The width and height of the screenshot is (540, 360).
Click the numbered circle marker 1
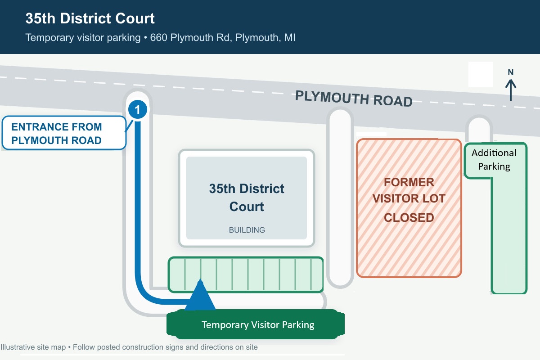click(137, 109)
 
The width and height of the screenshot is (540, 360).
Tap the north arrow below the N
click(511, 90)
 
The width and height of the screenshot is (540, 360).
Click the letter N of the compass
click(511, 72)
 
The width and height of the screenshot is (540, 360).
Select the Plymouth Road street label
click(354, 99)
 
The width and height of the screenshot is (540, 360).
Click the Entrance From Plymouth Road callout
click(64, 133)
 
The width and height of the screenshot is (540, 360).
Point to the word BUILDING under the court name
click(247, 230)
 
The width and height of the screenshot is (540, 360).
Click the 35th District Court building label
click(247, 197)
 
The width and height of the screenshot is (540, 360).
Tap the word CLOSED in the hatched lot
click(409, 217)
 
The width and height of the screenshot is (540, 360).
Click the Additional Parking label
click(494, 160)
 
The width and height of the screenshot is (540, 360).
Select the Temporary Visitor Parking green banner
click(256, 324)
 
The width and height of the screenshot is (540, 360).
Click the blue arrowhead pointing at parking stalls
click(200, 294)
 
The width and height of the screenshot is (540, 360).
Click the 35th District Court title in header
click(90, 18)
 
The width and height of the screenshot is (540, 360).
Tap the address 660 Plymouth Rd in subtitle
click(191, 38)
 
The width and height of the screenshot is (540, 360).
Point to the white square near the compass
click(481, 74)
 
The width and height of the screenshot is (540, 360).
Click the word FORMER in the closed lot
click(409, 182)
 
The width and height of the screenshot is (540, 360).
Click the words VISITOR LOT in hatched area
click(409, 198)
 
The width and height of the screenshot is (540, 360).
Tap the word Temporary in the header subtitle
click(49, 38)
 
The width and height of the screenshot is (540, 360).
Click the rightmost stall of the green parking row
click(317, 274)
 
